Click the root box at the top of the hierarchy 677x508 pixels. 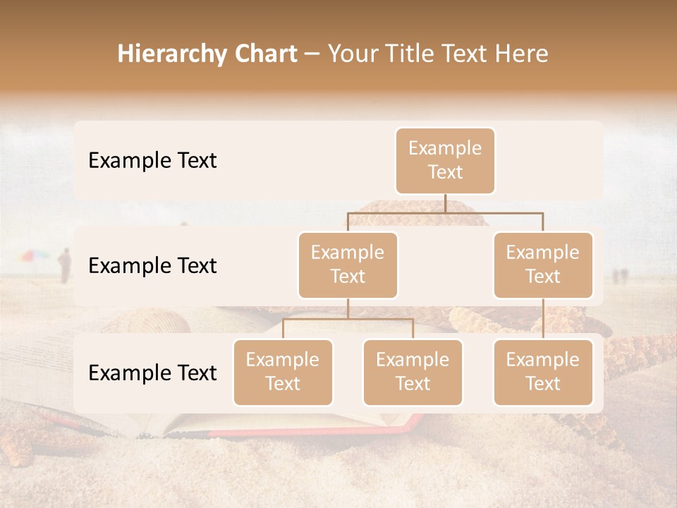point(445,160)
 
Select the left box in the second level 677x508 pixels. point(348,265)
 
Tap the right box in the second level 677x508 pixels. point(543,265)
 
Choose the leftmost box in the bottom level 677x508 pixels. point(283,372)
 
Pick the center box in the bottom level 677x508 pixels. point(413,372)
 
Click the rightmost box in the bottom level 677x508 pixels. point(543,372)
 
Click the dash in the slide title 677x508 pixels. point(312,54)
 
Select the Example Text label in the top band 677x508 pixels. point(152,160)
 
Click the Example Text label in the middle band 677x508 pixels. point(152,265)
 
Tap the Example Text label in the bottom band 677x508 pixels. point(152,373)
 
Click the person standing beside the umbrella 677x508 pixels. point(64,265)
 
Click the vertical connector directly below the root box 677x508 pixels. point(445,202)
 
